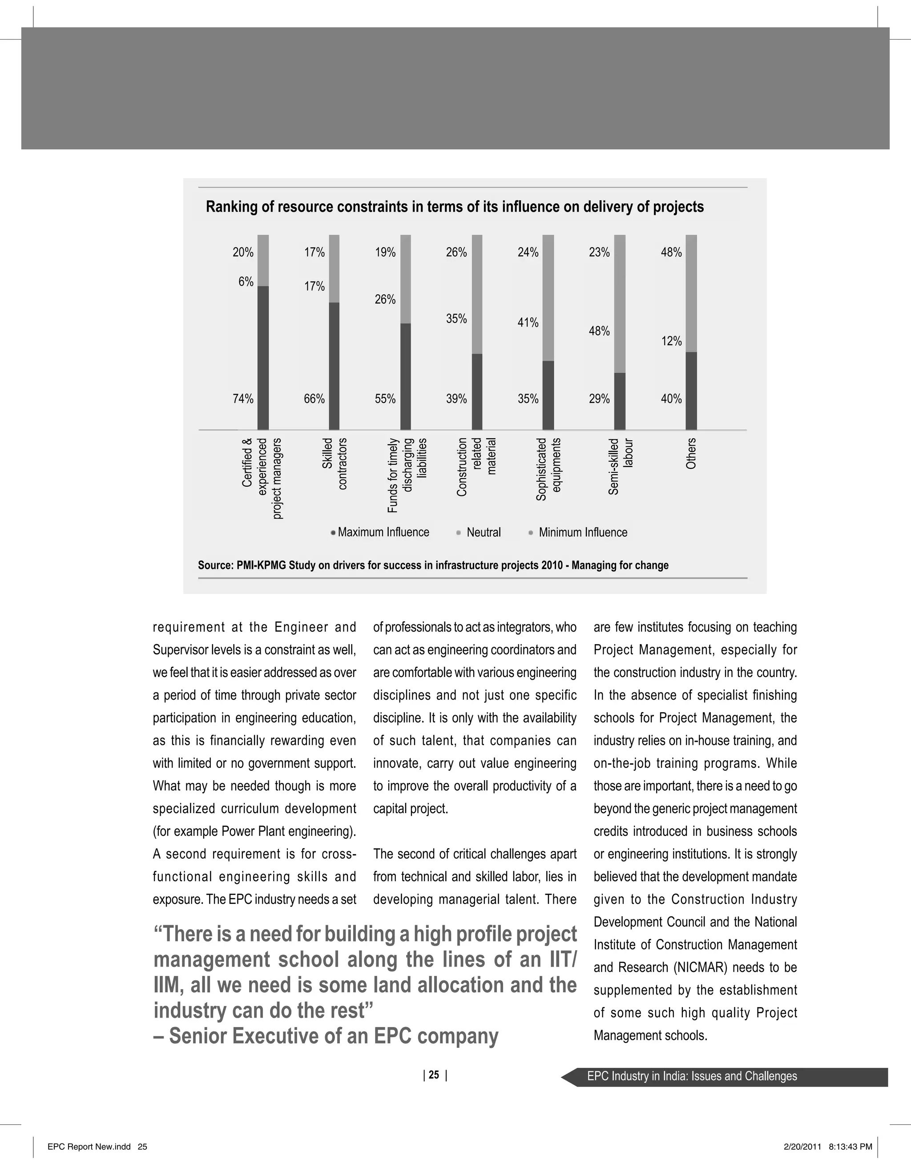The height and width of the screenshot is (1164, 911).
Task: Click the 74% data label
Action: [243, 399]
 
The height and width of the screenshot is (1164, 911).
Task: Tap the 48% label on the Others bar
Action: [671, 252]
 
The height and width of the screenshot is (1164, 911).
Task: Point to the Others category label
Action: [691, 453]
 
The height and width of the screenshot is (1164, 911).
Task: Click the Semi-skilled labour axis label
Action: [621, 467]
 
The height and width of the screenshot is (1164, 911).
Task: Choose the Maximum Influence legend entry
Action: [383, 532]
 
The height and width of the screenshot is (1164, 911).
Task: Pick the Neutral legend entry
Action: [483, 532]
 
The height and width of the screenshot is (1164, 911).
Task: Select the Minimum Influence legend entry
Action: [582, 532]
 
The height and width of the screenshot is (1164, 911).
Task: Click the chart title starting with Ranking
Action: [455, 207]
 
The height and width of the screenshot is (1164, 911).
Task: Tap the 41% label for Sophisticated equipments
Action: [528, 322]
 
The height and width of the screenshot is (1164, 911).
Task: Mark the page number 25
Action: [434, 1075]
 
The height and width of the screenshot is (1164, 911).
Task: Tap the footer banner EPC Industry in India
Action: [692, 1076]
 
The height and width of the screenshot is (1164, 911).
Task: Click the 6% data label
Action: [246, 282]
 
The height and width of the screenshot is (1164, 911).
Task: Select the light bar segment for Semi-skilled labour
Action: [619, 304]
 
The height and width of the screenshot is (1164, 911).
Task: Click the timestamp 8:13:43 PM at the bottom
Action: [851, 1146]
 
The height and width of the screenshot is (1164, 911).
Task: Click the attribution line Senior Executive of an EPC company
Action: [326, 1036]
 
